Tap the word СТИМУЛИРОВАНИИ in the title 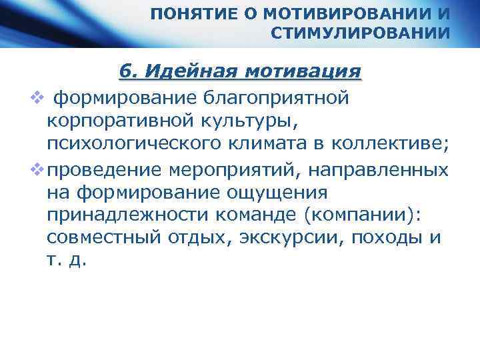(361, 33)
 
